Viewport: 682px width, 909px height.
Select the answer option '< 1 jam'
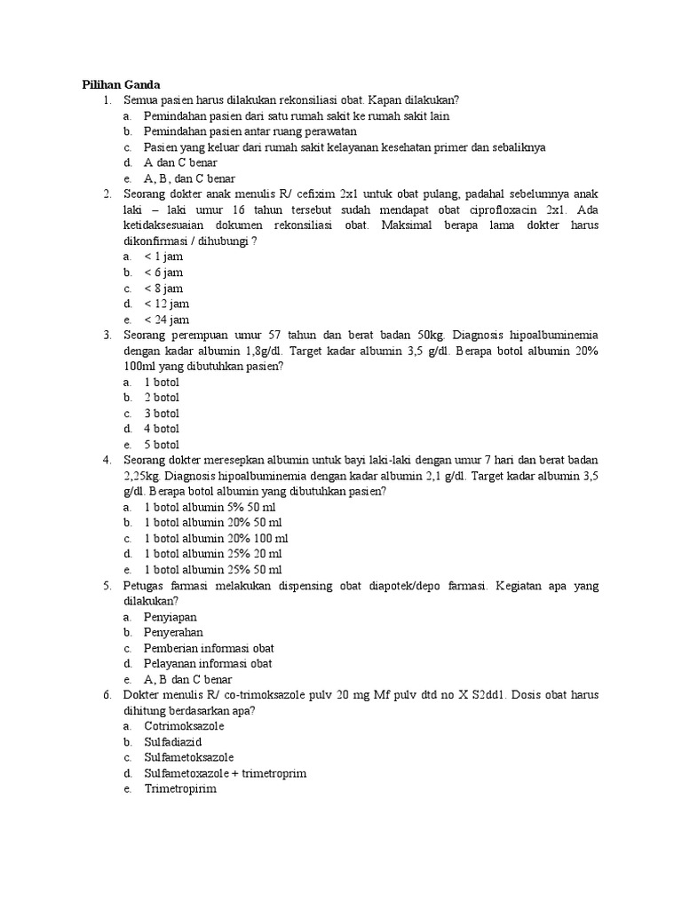(163, 257)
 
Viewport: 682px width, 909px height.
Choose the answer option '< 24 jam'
(166, 320)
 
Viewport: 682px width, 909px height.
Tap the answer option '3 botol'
(162, 413)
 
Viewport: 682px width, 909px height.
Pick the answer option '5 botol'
(162, 445)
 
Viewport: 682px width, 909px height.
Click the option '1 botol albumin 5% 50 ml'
(212, 507)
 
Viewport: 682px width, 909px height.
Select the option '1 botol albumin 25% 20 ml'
(215, 554)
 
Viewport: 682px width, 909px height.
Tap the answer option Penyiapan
(170, 616)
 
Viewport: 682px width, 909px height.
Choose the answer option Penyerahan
(174, 632)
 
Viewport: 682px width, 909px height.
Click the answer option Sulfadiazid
(174, 741)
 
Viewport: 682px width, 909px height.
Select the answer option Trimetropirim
(180, 788)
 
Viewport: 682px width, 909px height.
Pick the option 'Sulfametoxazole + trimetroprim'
(225, 773)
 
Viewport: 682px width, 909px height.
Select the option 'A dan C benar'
(180, 162)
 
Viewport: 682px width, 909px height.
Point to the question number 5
(106, 586)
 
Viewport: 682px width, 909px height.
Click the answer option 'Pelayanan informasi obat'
(208, 663)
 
